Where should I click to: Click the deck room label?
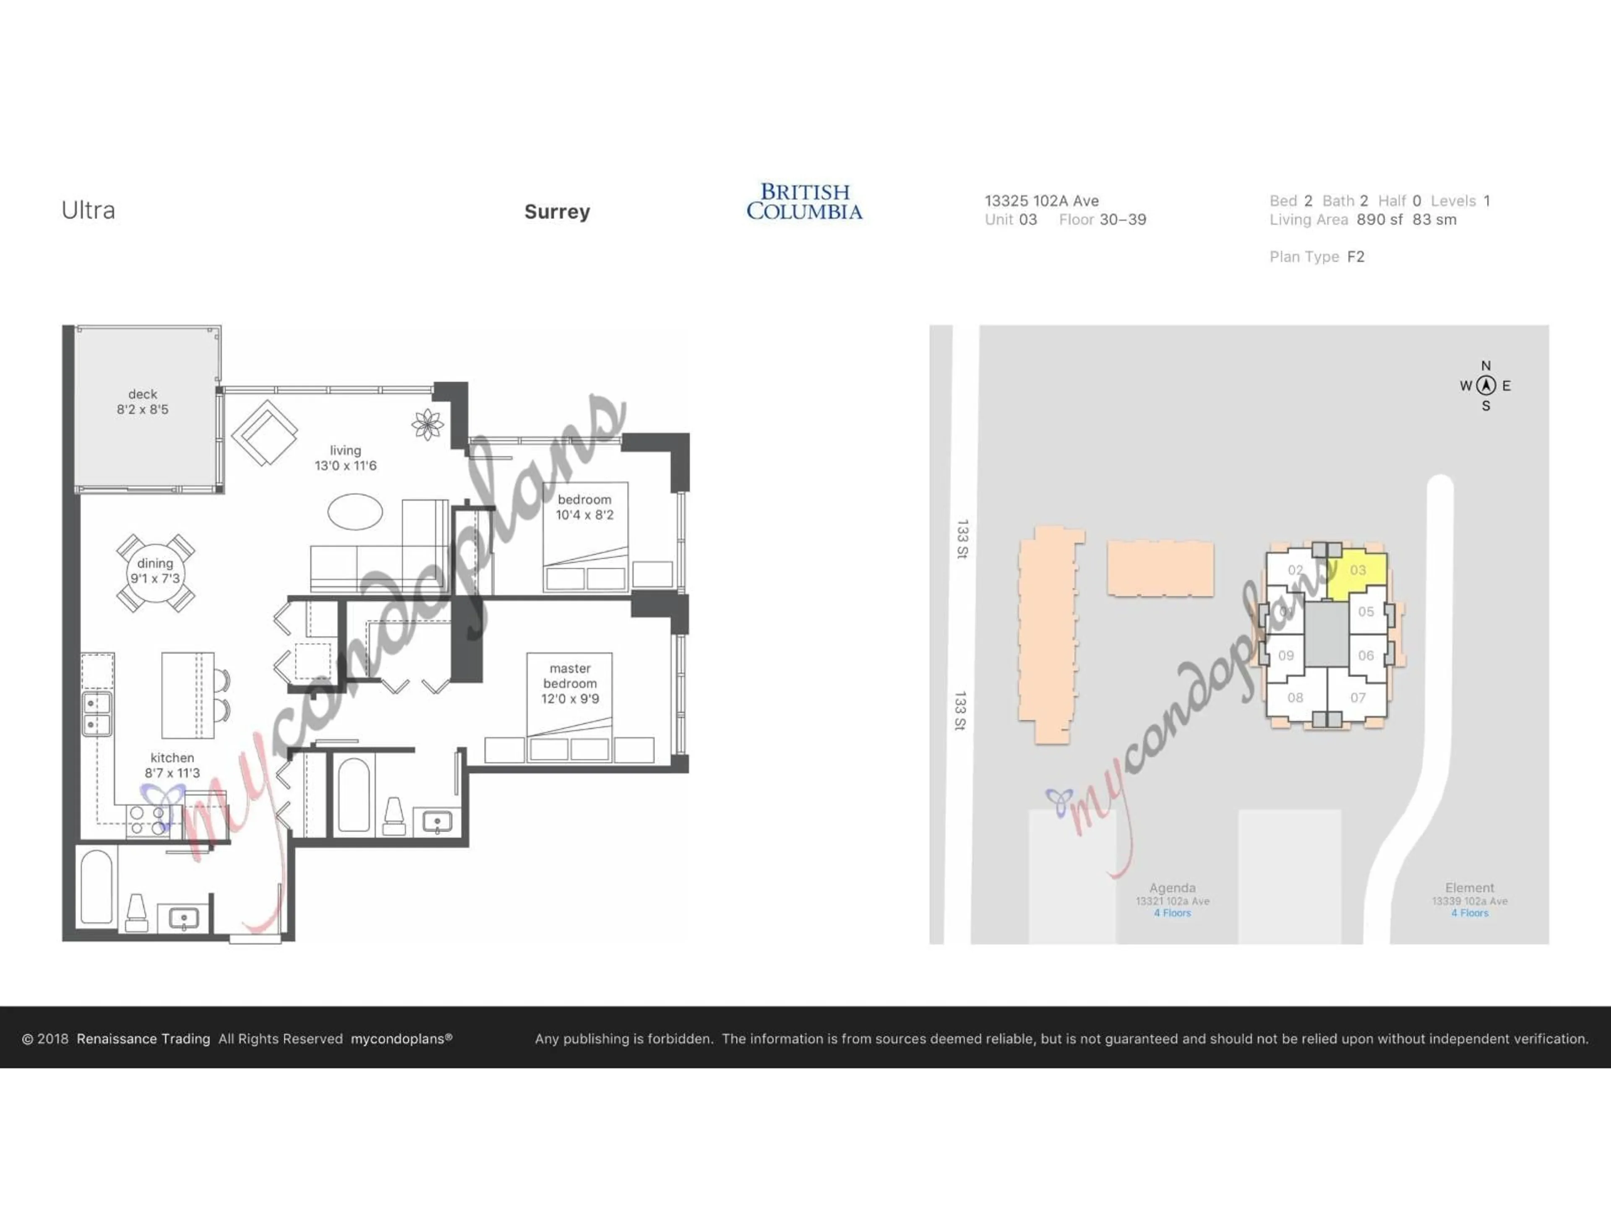click(x=143, y=394)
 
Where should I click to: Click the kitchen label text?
click(x=172, y=758)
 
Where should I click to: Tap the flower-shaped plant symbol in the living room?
click(x=428, y=424)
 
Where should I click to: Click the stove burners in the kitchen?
click(x=147, y=820)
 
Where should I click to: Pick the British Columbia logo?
click(x=804, y=202)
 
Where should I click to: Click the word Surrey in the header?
click(x=557, y=212)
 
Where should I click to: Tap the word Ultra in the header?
click(x=88, y=211)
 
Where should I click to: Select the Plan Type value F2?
click(x=1356, y=257)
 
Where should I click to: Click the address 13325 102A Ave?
click(x=1041, y=201)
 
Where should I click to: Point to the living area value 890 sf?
click(x=1379, y=220)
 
